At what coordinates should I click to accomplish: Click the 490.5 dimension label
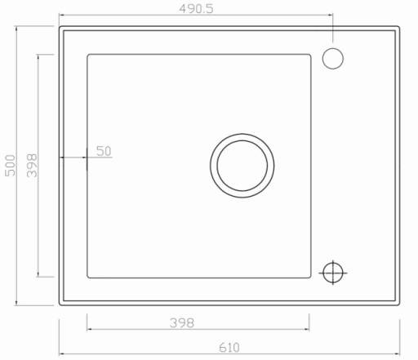(x=196, y=9)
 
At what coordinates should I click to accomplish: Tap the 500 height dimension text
(x=11, y=166)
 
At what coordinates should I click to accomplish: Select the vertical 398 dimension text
(x=32, y=166)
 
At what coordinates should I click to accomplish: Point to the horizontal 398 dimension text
(x=182, y=323)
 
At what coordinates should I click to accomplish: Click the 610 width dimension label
(x=229, y=348)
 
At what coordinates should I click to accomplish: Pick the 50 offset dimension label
(x=104, y=151)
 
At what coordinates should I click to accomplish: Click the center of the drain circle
(x=242, y=166)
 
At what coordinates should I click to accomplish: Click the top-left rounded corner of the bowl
(x=88, y=56)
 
